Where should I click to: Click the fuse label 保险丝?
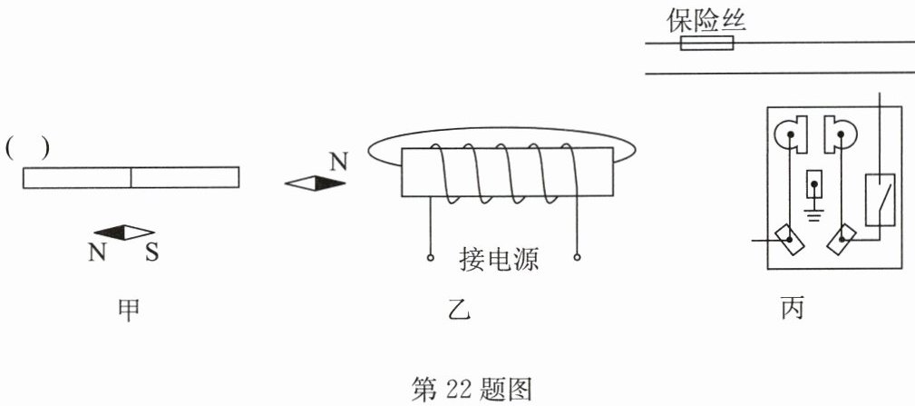706,20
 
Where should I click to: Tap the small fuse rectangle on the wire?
706,43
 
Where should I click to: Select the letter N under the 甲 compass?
97,252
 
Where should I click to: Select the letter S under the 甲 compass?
151,252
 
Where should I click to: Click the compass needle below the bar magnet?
124,233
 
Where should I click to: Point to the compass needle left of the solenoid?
316,183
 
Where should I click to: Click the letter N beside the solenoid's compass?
337,162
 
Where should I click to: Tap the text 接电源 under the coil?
499,261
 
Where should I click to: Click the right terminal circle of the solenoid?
578,258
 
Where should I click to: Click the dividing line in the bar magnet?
131,177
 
